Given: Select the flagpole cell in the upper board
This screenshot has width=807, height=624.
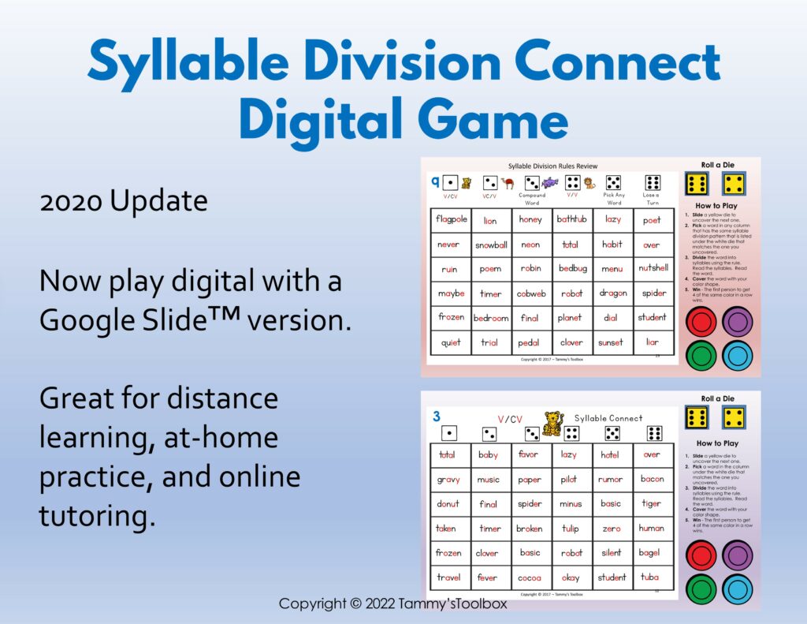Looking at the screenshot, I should [451, 219].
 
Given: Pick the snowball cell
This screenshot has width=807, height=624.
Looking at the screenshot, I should [491, 245].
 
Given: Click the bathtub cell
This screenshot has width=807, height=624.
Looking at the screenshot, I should [571, 219].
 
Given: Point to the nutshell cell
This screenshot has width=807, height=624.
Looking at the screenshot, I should [653, 268].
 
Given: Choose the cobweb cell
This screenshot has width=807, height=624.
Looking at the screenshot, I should [531, 293].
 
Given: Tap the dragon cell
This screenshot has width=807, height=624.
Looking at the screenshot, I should [612, 293].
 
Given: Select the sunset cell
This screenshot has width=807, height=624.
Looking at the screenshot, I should [612, 342].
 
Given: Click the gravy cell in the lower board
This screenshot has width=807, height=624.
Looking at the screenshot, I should [449, 479].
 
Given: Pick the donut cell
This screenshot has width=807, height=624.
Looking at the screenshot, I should [449, 503].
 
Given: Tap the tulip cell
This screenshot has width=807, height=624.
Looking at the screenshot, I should [571, 529].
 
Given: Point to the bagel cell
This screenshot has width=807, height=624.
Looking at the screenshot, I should [652, 553].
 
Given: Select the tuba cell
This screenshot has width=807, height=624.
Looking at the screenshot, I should [652, 577].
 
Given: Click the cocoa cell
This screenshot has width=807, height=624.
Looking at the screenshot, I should [530, 577].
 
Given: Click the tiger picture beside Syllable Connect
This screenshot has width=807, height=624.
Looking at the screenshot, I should [553, 423].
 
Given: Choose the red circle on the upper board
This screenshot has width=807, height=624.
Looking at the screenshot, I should [702, 322].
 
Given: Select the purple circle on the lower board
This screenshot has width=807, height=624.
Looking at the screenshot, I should [737, 555].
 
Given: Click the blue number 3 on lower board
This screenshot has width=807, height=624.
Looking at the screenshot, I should [437, 416].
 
